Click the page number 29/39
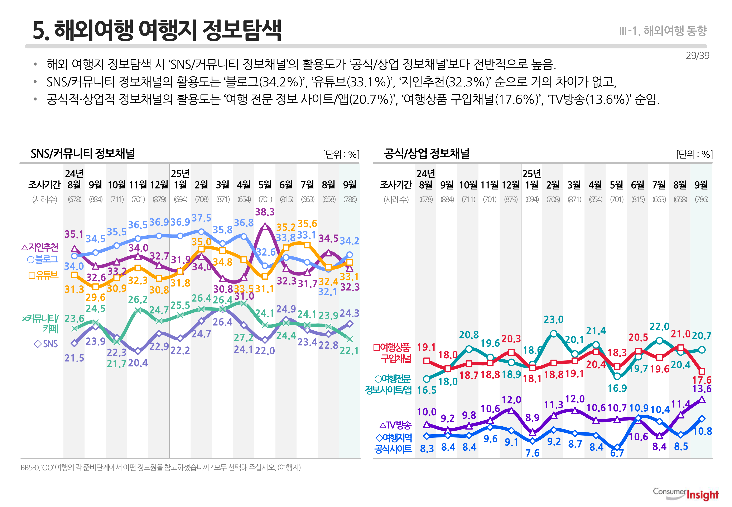pos(697,56)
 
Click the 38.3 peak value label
pos(265,212)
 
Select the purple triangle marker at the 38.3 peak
pos(265,226)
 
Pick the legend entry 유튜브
pos(43,275)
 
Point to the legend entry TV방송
pos(395,425)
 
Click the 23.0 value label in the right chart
pos(553,319)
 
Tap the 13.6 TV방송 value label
pos(702,389)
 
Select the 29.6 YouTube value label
pos(96,298)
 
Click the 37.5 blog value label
pos(201,218)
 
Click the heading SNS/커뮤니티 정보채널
pos(83,154)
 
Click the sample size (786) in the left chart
pos(350,199)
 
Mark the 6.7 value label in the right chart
pos(617,453)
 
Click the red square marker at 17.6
pos(702,371)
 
